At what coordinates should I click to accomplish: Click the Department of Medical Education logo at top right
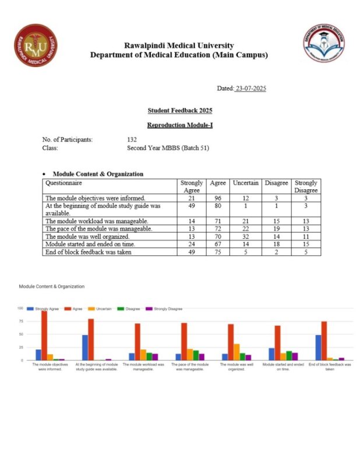(323, 43)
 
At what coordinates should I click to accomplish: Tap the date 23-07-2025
(250, 89)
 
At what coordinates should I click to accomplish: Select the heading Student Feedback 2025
(179, 110)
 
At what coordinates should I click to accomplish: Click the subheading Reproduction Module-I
(179, 125)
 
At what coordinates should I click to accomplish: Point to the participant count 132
(132, 140)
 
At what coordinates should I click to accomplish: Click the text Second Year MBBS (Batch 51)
(167, 148)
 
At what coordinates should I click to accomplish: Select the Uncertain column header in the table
(246, 183)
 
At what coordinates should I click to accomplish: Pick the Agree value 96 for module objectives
(217, 198)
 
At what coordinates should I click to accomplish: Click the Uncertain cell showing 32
(246, 237)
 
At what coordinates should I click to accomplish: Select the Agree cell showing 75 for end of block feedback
(217, 252)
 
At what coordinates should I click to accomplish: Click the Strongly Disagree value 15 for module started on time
(305, 245)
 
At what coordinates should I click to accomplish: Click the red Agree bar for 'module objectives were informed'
(44, 336)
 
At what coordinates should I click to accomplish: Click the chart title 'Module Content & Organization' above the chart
(51, 287)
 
